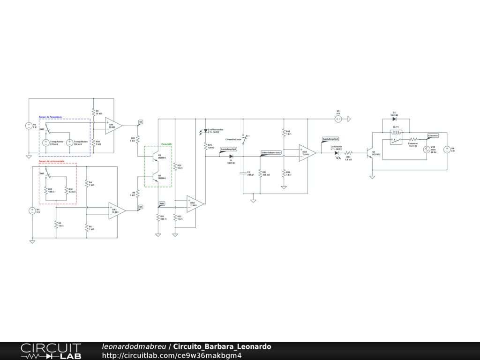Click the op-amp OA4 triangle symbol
click(x=113, y=125)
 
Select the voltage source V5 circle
click(x=29, y=126)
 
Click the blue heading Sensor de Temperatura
click(x=50, y=117)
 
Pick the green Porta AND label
click(x=166, y=144)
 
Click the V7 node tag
click(x=141, y=122)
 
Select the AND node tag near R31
click(x=162, y=203)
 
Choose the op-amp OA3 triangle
click(x=117, y=210)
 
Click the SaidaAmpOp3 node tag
click(x=228, y=149)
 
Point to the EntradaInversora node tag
click(x=271, y=153)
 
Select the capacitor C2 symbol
click(x=243, y=172)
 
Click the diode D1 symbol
click(x=231, y=156)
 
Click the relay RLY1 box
click(x=396, y=137)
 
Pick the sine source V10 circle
click(x=427, y=150)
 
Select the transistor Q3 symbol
click(x=369, y=152)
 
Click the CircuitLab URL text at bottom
click(x=172, y=355)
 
